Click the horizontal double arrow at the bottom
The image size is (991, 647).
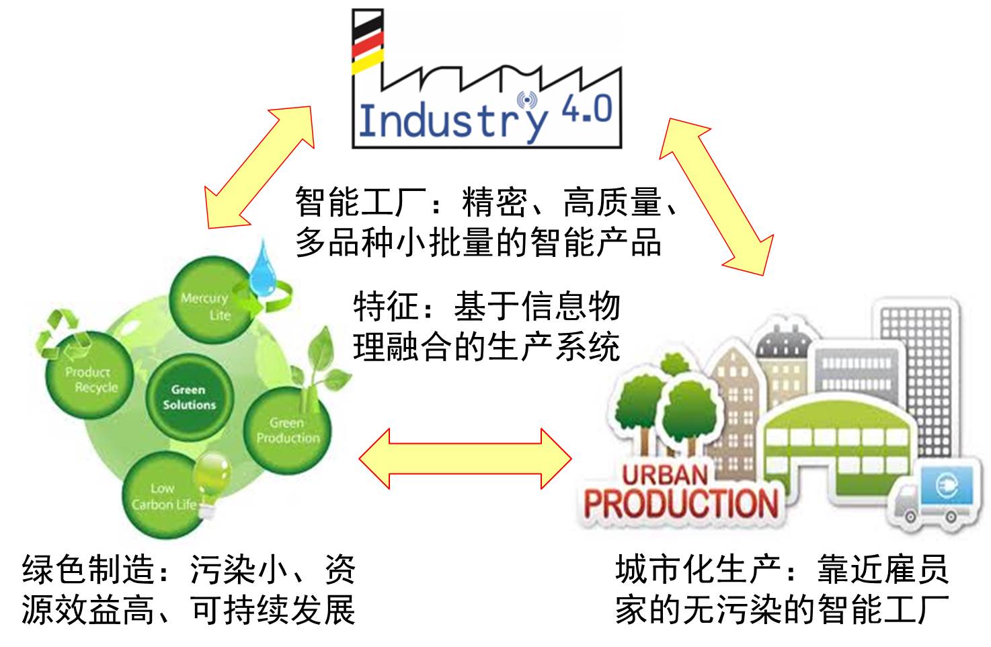point(465,459)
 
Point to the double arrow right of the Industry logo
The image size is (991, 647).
point(715,196)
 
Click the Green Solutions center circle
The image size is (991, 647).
point(189,397)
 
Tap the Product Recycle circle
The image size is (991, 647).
point(90,379)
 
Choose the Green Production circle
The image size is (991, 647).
point(288,430)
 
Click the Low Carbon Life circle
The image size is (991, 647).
point(163,496)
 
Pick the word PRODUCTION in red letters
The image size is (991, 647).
point(680,504)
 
